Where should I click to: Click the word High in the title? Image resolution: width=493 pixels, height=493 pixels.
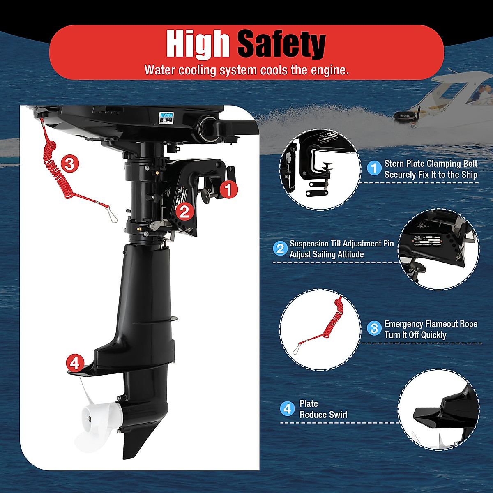coord(198,44)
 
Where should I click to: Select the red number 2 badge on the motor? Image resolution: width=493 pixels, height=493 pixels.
coord(184,211)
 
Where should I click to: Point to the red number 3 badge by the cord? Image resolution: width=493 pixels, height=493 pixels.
coord(70,164)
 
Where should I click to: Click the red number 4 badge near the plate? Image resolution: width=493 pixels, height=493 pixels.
coord(75,364)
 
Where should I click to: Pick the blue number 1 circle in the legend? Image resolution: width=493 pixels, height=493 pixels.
coord(374,168)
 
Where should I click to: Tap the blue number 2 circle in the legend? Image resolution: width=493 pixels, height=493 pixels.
coord(280,249)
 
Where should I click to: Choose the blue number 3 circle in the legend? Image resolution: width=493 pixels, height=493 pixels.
coord(374,328)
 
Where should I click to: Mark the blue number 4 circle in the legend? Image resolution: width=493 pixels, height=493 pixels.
coord(287,408)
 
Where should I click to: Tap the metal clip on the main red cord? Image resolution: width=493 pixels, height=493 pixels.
coord(111,215)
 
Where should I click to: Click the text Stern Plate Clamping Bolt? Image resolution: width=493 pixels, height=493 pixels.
coord(431,164)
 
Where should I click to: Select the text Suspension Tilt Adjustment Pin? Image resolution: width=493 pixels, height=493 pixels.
coord(341,244)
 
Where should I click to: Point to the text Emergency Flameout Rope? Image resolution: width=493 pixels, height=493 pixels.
coord(431,324)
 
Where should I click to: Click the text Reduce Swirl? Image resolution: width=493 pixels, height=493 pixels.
coord(323,415)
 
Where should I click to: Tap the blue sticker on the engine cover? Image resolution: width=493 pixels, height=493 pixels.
coord(167,117)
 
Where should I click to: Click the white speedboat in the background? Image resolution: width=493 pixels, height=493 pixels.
coord(456,103)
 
